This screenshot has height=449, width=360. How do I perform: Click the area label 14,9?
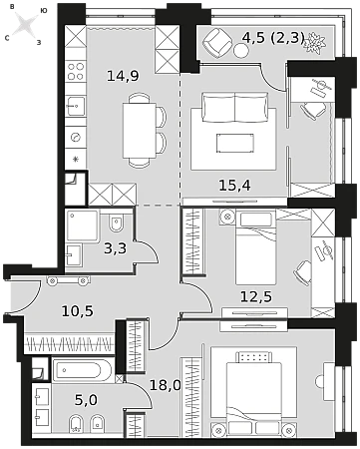[x=123, y=76]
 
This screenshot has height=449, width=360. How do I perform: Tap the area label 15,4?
[x=234, y=186]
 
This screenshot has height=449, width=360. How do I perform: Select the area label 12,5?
[x=256, y=296]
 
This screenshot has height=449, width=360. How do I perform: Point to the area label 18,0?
[x=165, y=385]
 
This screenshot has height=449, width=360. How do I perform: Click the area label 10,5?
[x=78, y=311]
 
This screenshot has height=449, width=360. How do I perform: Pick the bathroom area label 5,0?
[x=86, y=400]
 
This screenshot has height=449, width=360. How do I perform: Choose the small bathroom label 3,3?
[x=116, y=248]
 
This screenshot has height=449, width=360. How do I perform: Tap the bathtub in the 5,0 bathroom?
[x=83, y=370]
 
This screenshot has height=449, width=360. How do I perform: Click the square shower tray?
[x=83, y=225]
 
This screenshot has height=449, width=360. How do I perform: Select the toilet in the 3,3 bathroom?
[x=116, y=223]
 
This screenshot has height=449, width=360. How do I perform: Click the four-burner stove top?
[x=76, y=72]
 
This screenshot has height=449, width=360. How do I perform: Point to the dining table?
[x=140, y=131]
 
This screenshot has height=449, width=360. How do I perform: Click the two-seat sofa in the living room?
[x=235, y=108]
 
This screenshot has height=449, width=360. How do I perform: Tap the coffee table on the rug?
[x=235, y=144]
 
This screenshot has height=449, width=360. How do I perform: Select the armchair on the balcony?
[x=217, y=41]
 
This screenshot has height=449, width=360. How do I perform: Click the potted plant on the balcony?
[x=313, y=43]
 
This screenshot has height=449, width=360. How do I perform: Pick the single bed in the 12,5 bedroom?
[x=255, y=247]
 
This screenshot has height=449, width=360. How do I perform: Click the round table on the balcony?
[x=240, y=51]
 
